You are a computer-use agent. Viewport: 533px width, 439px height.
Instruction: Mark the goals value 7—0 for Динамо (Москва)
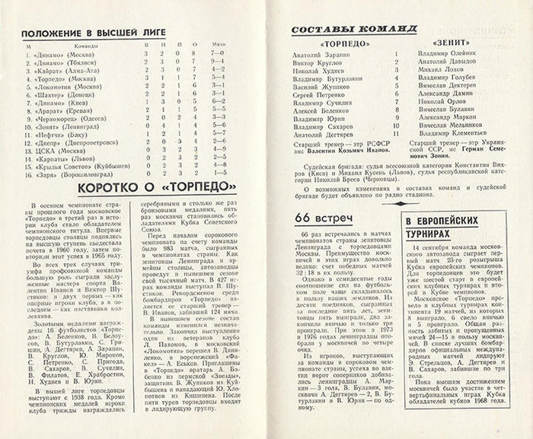coord(219,56)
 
